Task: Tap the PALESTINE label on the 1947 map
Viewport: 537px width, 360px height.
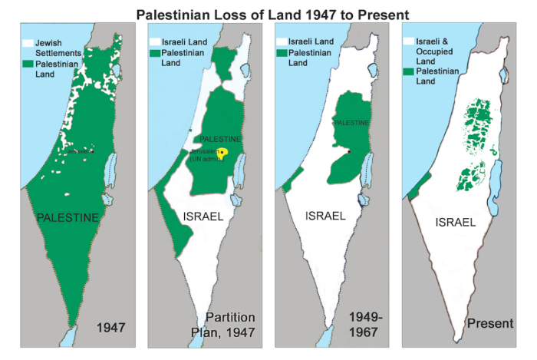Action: [68, 218]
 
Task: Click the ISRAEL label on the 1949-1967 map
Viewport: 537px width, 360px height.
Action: [325, 216]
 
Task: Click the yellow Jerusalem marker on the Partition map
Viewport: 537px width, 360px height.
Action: [224, 153]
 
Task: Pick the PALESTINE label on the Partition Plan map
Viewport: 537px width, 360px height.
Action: [220, 139]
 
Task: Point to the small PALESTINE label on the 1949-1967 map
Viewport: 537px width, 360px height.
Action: [351, 123]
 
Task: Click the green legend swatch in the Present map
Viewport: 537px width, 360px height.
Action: [409, 71]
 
